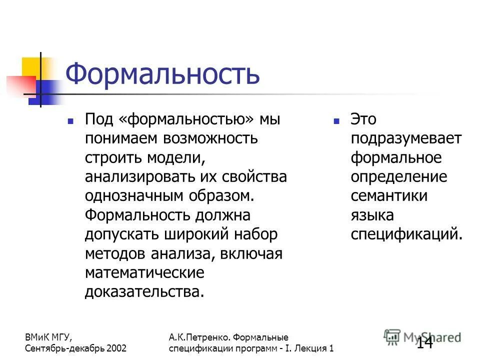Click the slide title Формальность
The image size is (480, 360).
click(163, 74)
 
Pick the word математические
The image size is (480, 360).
click(144, 272)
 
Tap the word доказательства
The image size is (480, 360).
click(144, 291)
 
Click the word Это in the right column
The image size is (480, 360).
click(363, 120)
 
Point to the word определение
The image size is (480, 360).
click(399, 177)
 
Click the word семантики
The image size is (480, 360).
click(389, 195)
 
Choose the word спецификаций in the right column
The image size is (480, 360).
click(406, 234)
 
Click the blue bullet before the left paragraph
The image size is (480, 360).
click(70, 121)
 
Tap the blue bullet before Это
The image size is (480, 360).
click(336, 121)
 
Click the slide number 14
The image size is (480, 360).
click(424, 342)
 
